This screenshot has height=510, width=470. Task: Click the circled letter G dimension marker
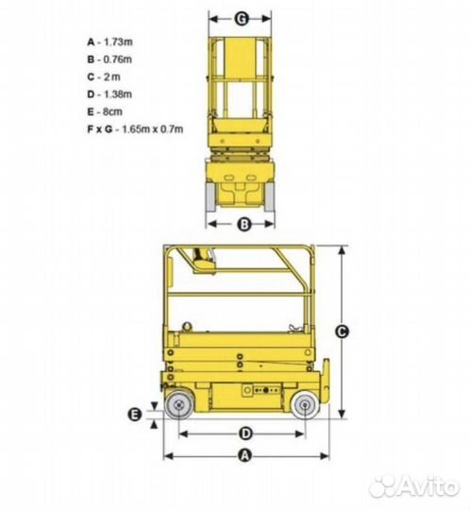click(242, 19)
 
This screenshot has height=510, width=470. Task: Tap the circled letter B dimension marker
click(244, 224)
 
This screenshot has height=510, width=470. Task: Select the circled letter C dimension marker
click(342, 331)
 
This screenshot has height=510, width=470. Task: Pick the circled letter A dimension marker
click(245, 455)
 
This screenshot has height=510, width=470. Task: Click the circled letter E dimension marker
click(135, 415)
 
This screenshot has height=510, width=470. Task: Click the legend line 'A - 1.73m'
click(109, 42)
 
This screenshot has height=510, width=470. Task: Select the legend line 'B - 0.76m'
click(109, 59)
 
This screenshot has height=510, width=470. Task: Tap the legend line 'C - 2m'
click(104, 77)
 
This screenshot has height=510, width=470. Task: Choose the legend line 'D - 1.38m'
click(109, 94)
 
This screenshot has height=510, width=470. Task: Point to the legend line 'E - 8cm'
click(105, 111)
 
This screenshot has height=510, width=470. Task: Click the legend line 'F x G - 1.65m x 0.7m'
click(135, 129)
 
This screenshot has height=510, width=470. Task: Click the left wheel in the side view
click(178, 405)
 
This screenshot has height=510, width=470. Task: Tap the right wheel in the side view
click(305, 405)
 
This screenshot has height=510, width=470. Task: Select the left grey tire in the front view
click(210, 197)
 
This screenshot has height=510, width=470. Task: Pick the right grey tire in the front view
click(270, 197)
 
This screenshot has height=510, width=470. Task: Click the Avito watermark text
click(414, 486)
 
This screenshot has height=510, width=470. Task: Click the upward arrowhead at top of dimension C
click(342, 251)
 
